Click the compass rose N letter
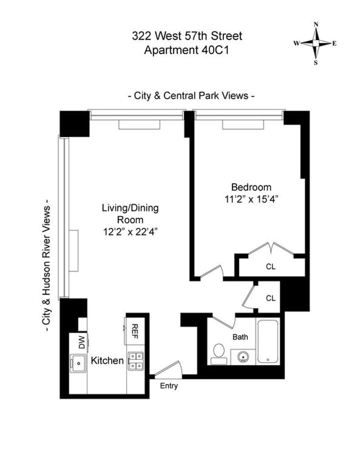(316, 24)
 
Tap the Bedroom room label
(251, 187)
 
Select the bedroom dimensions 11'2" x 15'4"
(251, 199)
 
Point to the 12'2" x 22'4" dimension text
(130, 232)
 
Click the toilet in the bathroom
(219, 354)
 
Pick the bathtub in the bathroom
(268, 341)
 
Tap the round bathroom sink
(243, 356)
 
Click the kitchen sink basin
(78, 363)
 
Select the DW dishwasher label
(82, 342)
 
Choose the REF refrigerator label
(135, 331)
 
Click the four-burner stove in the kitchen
(136, 361)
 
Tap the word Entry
(169, 386)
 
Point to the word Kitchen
(107, 360)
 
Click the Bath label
(240, 337)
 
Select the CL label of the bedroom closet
(270, 267)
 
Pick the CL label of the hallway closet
(270, 298)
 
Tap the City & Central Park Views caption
(191, 96)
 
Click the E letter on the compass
(334, 44)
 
